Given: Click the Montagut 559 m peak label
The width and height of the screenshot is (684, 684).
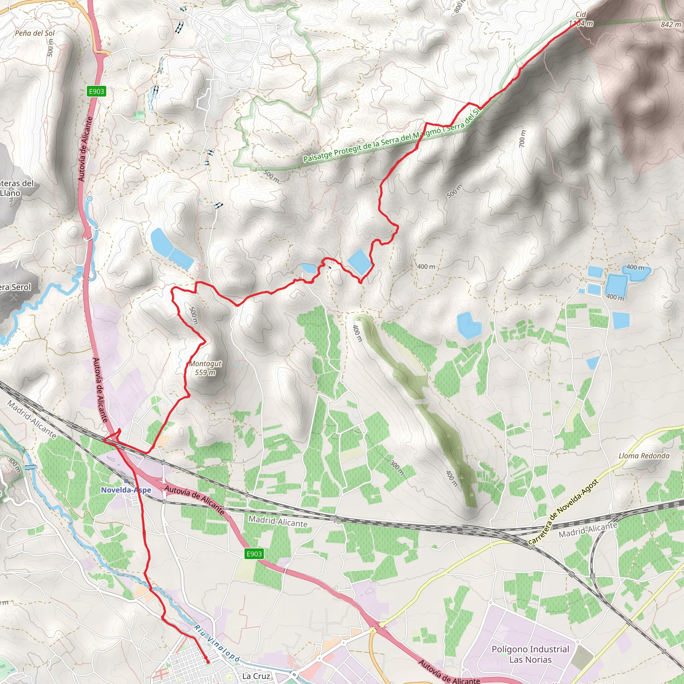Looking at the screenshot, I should click(x=205, y=368).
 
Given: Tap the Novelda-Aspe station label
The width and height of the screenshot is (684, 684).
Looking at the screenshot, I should click(x=126, y=490).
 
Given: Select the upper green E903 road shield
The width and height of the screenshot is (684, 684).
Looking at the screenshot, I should click(x=96, y=91).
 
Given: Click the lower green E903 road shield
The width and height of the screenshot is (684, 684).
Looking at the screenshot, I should click(x=254, y=554).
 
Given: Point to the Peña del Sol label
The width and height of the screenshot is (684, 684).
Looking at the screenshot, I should click(x=35, y=33).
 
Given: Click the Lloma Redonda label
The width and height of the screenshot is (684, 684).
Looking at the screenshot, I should click(x=644, y=456).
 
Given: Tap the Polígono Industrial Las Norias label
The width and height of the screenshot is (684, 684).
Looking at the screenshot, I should click(x=530, y=654).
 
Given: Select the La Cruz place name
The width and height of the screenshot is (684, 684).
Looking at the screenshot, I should click(x=256, y=676).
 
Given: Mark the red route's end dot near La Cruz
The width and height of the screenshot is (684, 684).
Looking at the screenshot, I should click(x=208, y=662).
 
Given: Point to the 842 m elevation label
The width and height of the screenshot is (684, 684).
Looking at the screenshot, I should click(x=671, y=24).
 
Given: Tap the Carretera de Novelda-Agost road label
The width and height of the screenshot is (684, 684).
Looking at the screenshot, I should click(x=563, y=512).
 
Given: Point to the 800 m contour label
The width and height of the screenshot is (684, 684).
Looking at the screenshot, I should click(x=459, y=6).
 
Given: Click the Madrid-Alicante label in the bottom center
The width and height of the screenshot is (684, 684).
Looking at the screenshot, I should click(x=278, y=521).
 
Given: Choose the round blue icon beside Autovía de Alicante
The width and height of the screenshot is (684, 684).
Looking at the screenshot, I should click(x=90, y=199).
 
